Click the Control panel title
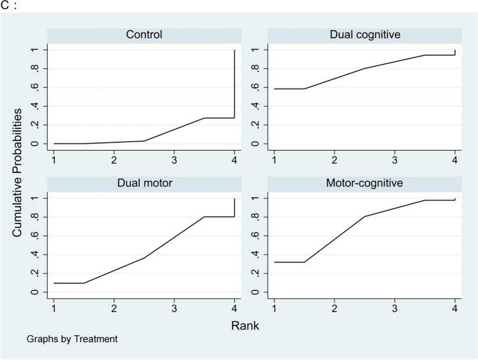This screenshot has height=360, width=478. click(x=144, y=34)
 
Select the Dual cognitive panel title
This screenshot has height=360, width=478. click(x=364, y=34)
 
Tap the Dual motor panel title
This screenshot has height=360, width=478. click(x=144, y=183)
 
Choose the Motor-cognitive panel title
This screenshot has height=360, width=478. click(x=364, y=183)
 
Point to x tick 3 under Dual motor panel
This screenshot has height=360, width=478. click(x=174, y=307)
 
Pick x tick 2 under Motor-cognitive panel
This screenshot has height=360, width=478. click(x=334, y=307)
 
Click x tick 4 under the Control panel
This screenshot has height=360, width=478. click(x=234, y=158)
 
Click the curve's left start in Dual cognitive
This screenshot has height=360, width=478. click(x=274, y=89)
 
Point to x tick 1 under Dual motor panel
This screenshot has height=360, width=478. click(x=54, y=307)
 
